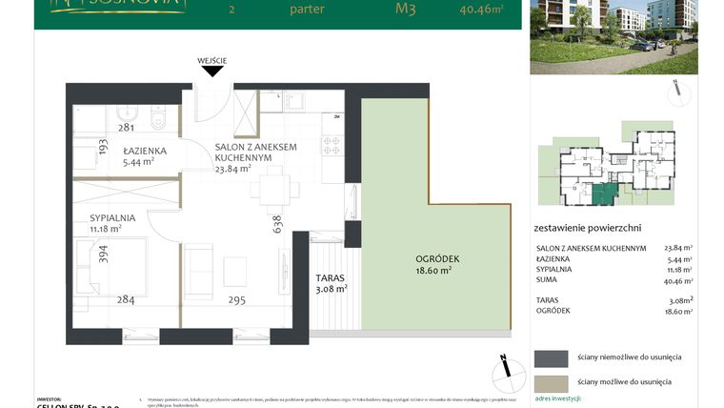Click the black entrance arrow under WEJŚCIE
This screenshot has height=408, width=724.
click(211, 70)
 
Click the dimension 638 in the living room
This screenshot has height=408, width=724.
click(277, 223)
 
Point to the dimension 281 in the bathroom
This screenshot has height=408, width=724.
click(125, 127)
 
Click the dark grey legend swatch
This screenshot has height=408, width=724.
click(550, 358)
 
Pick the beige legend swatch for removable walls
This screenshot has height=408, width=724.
click(550, 381)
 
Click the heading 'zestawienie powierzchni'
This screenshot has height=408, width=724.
click(588, 228)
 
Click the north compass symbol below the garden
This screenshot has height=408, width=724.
click(503, 368)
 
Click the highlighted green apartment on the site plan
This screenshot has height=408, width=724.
click(601, 194)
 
